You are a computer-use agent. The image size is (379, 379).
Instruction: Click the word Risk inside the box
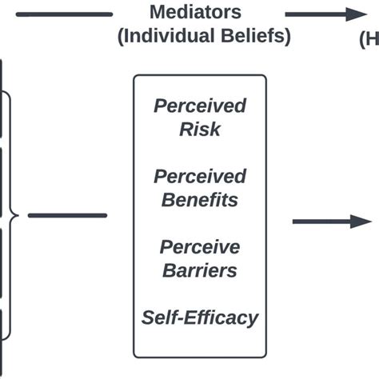(199, 130)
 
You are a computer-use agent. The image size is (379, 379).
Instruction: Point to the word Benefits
(199, 199)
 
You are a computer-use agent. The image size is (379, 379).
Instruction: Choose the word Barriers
(199, 270)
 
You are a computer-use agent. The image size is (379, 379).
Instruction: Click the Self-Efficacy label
(199, 317)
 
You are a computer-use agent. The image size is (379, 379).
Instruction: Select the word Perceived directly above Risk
(199, 106)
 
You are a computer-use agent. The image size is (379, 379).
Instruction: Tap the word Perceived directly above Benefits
(199, 176)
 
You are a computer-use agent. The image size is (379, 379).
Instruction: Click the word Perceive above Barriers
(199, 246)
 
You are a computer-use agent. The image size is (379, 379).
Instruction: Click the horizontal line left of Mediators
(64, 14)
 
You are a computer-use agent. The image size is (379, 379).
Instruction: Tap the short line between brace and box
(67, 215)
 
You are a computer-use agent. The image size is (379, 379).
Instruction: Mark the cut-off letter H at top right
(372, 37)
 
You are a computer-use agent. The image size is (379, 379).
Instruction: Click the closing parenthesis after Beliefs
(287, 38)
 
